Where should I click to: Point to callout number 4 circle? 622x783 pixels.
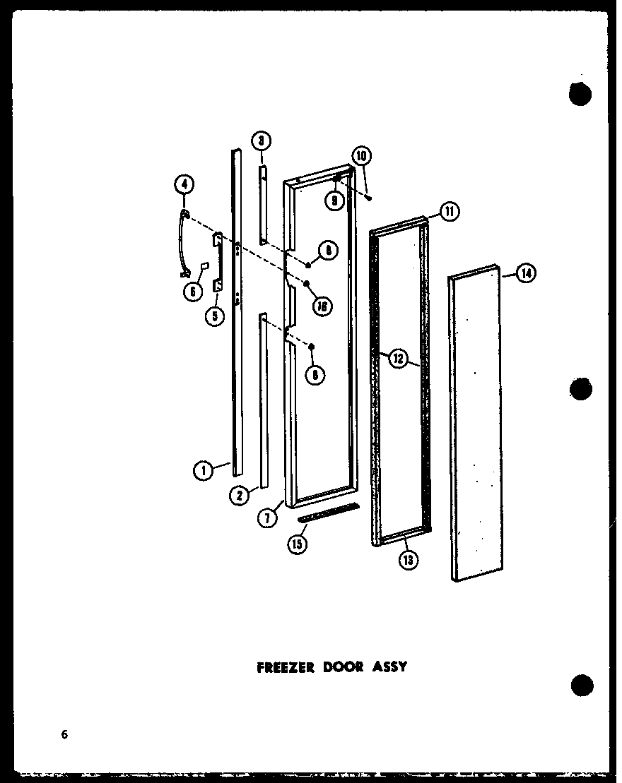pyautogui.click(x=184, y=186)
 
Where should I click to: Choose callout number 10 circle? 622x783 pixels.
pyautogui.click(x=361, y=156)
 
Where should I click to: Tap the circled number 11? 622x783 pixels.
pyautogui.click(x=450, y=210)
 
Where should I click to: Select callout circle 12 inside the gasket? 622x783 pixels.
pyautogui.click(x=397, y=359)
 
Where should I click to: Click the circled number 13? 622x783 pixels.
pyautogui.click(x=408, y=559)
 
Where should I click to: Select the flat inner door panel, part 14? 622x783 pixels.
pyautogui.click(x=475, y=424)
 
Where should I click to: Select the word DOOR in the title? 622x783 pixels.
pyautogui.click(x=344, y=666)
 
